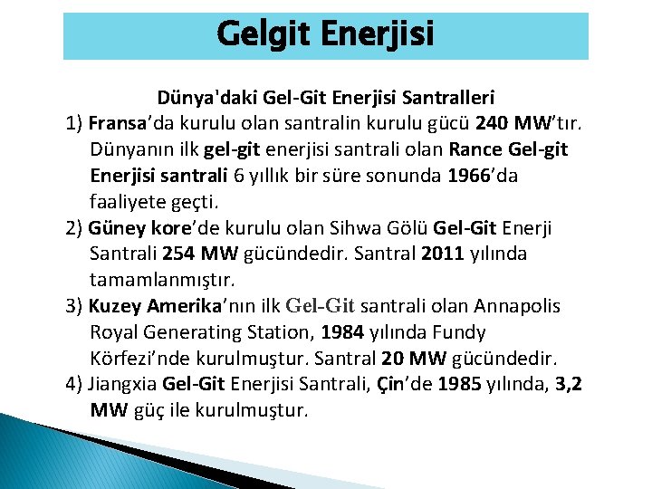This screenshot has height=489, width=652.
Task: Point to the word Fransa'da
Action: pos(126,122)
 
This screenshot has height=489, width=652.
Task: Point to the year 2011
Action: pos(442,254)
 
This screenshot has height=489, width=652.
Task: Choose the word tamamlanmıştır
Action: pos(158,280)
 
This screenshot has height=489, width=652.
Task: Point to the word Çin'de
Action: pos(396,384)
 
